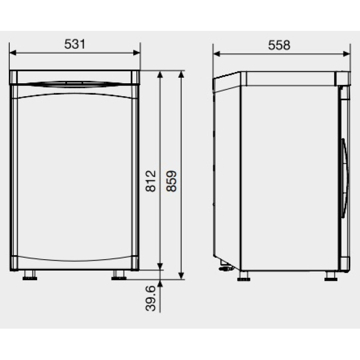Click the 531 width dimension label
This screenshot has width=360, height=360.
point(75,44)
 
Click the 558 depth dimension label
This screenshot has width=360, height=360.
point(279,45)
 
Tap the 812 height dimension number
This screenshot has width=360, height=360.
point(151,181)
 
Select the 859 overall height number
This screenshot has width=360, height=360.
point(171,181)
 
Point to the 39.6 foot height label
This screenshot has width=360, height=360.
point(151,298)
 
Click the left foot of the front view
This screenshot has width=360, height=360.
point(30,275)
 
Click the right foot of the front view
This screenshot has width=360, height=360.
point(119,275)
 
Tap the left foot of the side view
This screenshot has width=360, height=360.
point(244,276)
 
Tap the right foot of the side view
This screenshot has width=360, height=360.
point(331,276)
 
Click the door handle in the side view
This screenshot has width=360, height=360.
point(345,178)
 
